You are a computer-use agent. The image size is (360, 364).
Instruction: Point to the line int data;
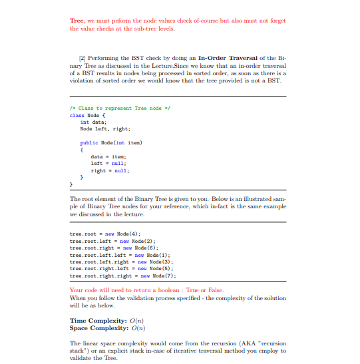pos(94,122)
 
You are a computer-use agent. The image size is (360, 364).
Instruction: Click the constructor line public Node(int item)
pos(111,143)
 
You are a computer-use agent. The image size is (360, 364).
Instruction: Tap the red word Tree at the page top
pos(77,21)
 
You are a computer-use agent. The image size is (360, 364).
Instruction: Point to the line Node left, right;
pos(105,129)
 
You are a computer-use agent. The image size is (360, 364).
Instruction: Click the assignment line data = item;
pos(104,157)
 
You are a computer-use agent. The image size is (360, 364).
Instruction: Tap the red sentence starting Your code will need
pos(146,291)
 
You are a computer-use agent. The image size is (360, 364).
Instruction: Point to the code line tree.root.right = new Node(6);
pos(108,248)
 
